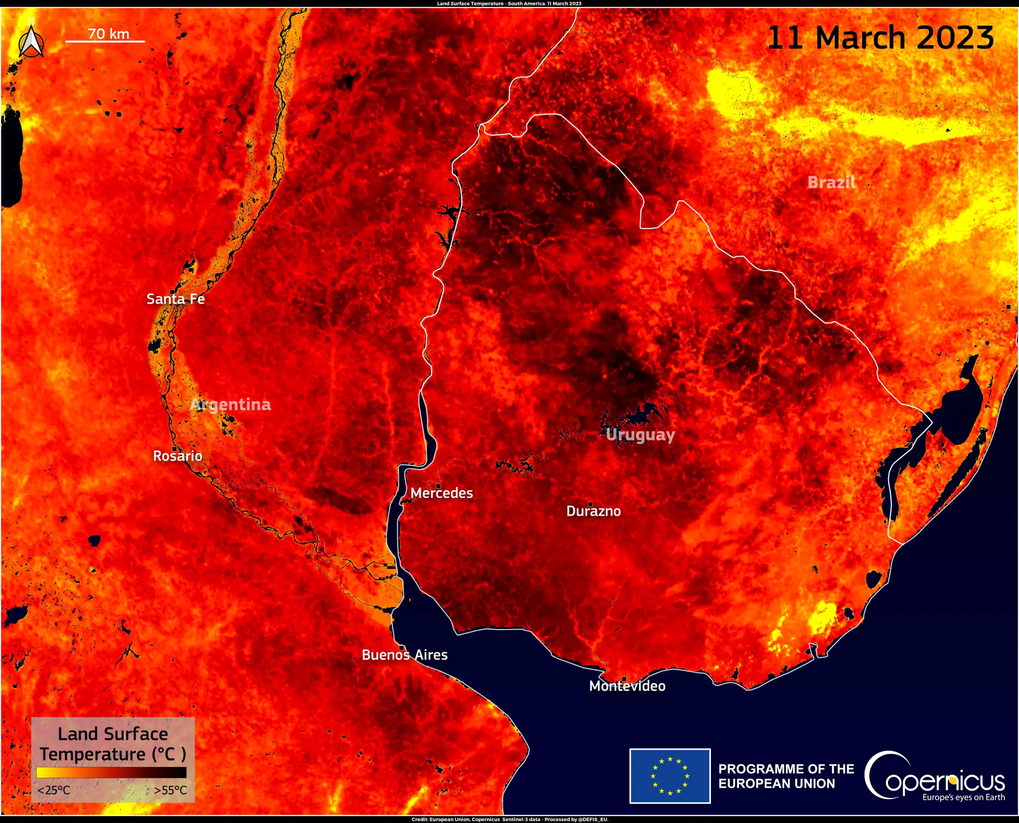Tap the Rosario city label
178,456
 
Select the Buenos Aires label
404,655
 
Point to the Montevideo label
627,686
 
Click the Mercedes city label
441,493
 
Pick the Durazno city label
593,511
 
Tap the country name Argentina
231,404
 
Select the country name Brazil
832,182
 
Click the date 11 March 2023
880,38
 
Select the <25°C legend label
53,790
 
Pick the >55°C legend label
170,790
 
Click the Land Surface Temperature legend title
113,744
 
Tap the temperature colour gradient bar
112,772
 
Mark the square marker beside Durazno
590,504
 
